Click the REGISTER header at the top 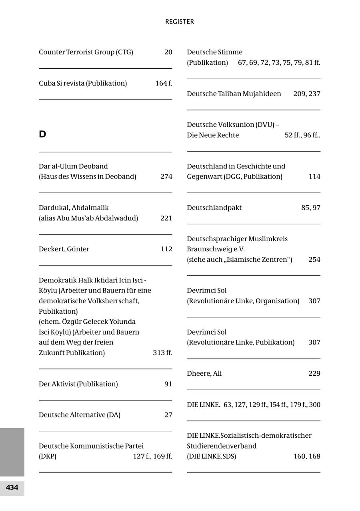pos(180,22)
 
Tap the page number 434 pos(12,487)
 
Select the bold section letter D pos(42,134)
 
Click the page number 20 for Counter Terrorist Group pos(168,52)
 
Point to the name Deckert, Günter pos(64,249)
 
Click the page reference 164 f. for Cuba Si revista pos(164,83)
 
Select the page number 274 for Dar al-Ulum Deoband pos(166,176)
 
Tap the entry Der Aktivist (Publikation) pos(78,384)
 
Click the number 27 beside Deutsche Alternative pos(168,415)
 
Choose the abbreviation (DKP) pos(48,456)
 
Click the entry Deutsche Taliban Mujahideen pos(234,94)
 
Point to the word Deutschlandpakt pos(214,208)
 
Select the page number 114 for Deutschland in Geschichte pos(314,176)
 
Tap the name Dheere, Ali pos(204,373)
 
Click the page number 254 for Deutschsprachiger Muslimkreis pos(314,259)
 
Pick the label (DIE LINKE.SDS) pos(212,456)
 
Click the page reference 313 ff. pos(162,353)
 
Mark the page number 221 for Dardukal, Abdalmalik pos(166,218)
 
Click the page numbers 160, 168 pos(307,456)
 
